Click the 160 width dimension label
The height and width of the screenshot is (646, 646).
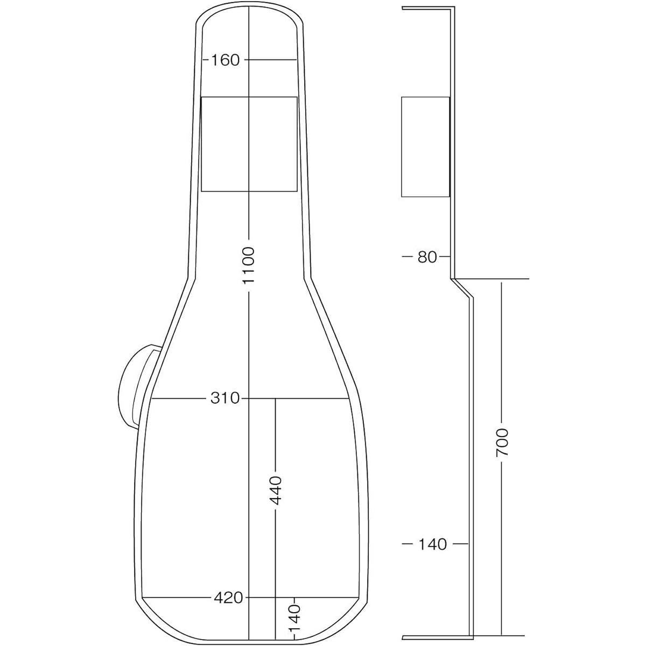tap(225, 60)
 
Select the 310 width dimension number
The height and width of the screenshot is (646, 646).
tap(225, 398)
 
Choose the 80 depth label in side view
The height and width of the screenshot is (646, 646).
tap(427, 257)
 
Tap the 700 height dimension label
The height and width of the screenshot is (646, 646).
tap(502, 442)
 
